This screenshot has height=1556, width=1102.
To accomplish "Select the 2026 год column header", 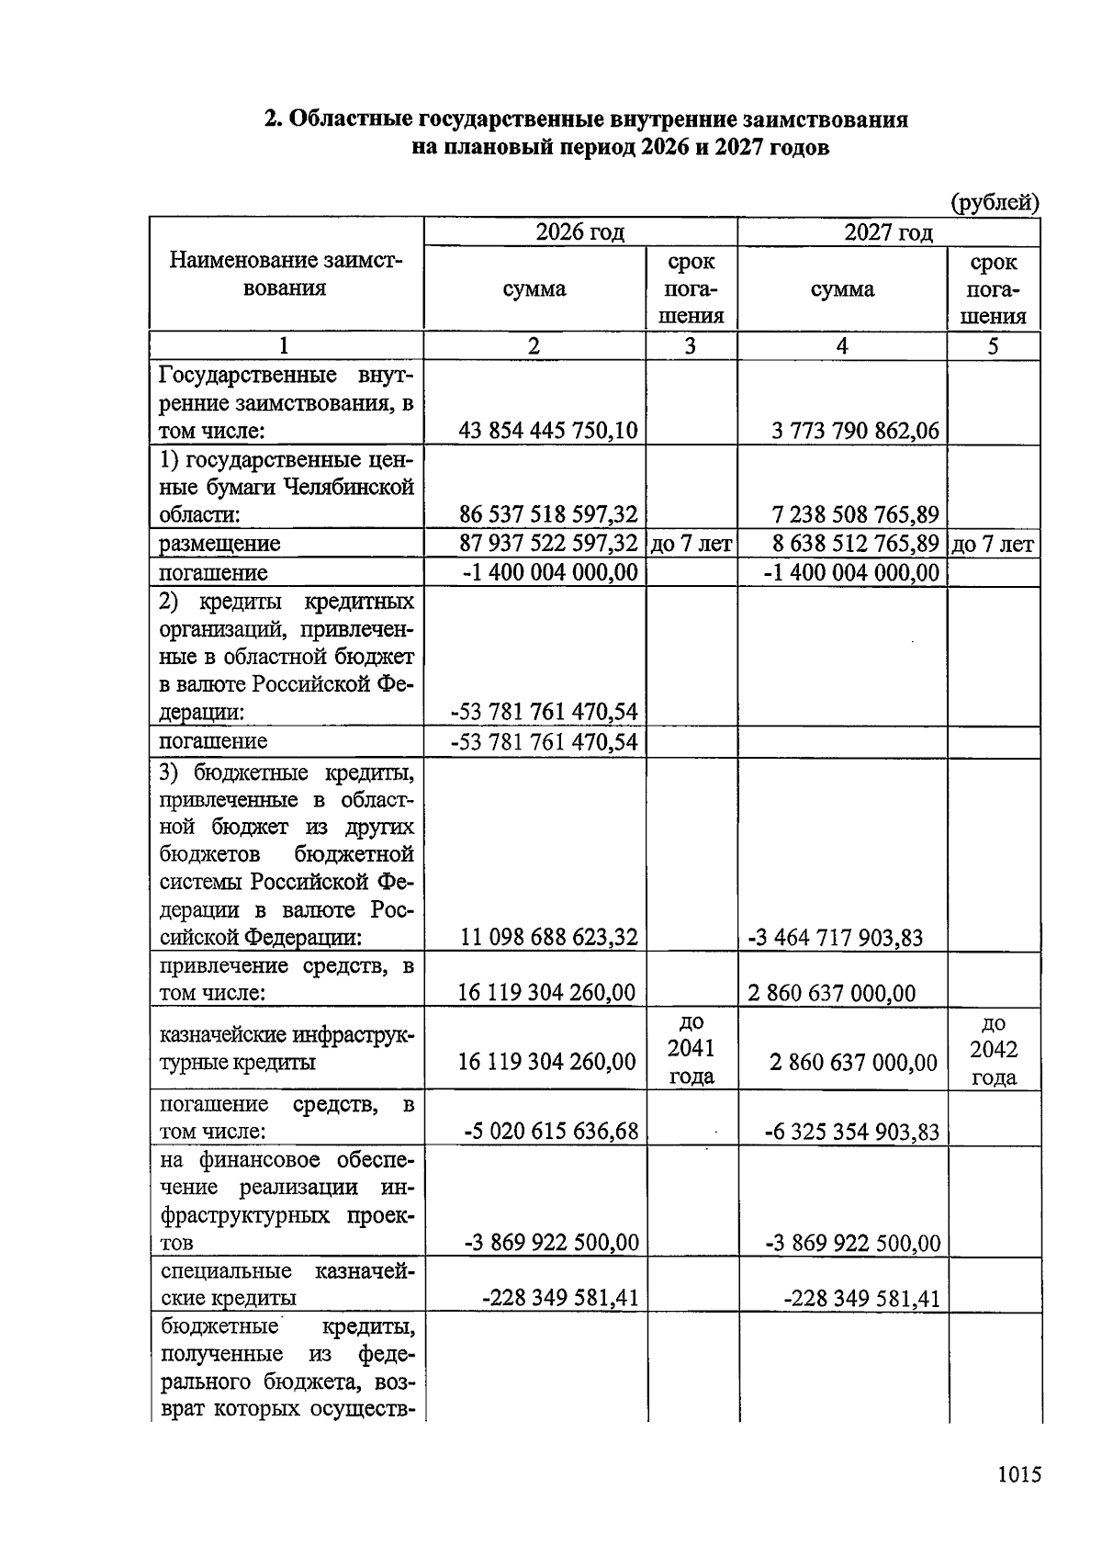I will pos(579,232).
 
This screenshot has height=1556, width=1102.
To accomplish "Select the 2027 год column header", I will pos(888,232).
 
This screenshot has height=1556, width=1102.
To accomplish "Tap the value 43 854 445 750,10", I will pos(548,430).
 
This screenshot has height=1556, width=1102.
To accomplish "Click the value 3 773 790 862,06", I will pos(856,430).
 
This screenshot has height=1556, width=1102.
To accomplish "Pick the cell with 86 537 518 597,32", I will pos(548,513).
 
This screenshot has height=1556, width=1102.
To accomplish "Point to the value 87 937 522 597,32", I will pos(548,544).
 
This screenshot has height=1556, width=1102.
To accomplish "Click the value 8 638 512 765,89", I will pos(856,544).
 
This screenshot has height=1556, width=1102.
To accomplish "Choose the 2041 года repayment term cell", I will pos(692,1049).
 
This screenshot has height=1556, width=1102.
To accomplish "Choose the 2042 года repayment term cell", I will pos(994,1050).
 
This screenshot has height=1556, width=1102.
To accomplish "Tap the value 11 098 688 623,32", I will pos(549,938).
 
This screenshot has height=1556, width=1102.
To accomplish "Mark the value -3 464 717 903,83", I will pos(835,938).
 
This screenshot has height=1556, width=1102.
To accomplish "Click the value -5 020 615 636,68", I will pos(551,1131).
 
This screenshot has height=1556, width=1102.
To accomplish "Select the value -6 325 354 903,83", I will pos(852,1132).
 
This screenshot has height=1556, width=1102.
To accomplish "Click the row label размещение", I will pos(219,544).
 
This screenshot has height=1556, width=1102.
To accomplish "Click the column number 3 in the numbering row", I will pos(691,345).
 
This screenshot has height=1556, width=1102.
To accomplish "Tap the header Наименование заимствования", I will pos(286,275).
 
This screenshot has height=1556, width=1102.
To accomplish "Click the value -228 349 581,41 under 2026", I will pos(560,1298).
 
